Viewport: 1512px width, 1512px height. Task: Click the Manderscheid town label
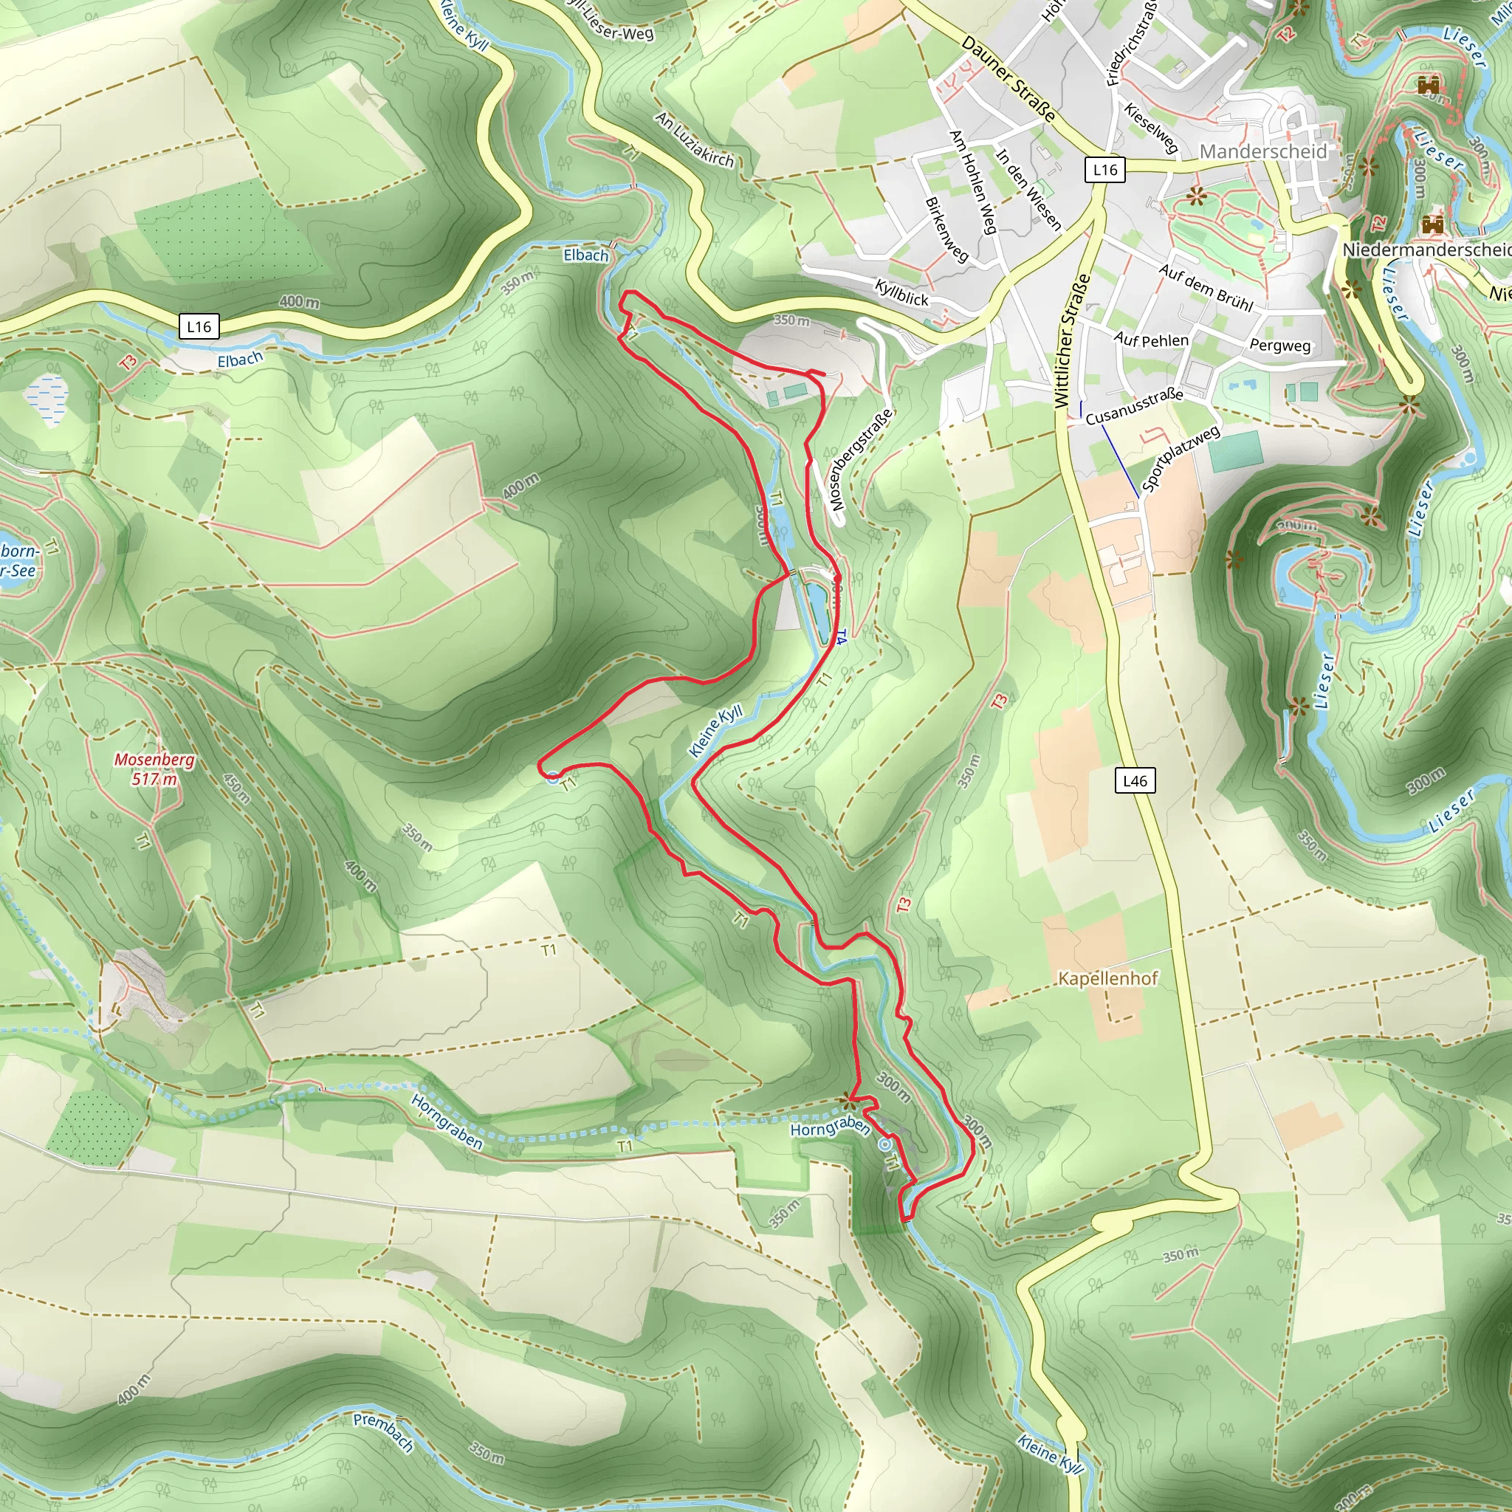coord(1263,151)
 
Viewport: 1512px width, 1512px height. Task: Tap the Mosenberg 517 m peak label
coord(154,769)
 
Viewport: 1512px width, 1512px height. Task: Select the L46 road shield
coord(1134,780)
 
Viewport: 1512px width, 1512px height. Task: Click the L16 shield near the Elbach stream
coord(199,326)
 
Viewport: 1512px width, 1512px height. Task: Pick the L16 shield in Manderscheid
coord(1104,169)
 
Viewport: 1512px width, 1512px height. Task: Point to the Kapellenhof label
coord(1107,978)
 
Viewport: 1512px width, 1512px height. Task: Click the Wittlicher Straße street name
coord(1071,340)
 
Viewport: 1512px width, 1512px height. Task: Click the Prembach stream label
coord(383,1432)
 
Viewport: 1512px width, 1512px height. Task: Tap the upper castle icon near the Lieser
coord(1429,83)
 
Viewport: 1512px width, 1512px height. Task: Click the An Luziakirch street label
coord(695,140)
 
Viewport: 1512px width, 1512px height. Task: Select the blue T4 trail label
coord(839,638)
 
